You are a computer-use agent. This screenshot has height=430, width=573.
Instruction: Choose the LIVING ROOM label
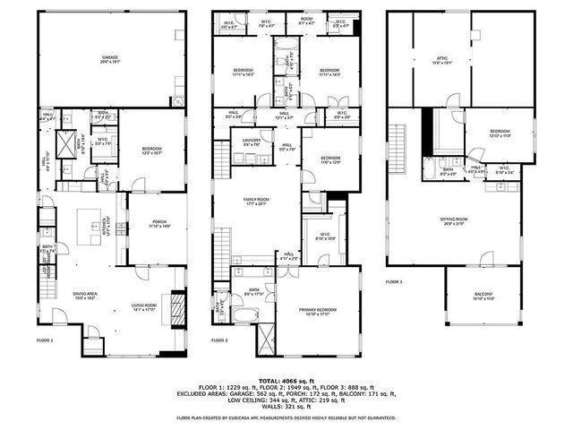pyautogui.click(x=143, y=306)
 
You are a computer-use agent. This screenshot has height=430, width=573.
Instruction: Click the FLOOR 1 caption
pyautogui.click(x=45, y=340)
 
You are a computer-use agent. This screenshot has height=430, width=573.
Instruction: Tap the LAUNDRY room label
pyautogui.click(x=252, y=142)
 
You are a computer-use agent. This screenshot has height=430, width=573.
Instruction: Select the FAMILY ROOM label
pyautogui.click(x=256, y=202)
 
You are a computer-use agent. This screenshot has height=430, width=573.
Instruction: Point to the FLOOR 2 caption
pyautogui.click(x=219, y=340)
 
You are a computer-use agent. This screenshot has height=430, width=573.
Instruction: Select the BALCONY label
pyautogui.click(x=483, y=297)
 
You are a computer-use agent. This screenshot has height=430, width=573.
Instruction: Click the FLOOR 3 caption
pyautogui.click(x=395, y=281)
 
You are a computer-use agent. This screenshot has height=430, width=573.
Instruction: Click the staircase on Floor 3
pyautogui.click(x=395, y=148)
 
